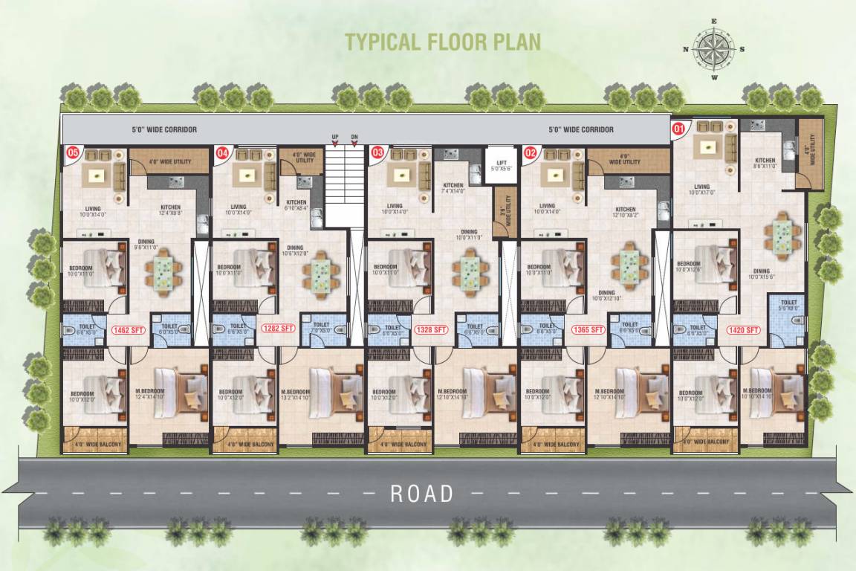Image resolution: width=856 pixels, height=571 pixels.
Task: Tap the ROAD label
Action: [422, 493]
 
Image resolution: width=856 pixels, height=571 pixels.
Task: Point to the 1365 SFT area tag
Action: [586, 329]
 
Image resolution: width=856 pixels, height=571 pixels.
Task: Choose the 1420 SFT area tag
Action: [743, 329]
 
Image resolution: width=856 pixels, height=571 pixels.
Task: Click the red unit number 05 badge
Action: [73, 153]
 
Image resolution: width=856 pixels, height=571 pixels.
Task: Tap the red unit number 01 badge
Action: [678, 128]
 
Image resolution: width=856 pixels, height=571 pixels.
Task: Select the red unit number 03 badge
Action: [377, 153]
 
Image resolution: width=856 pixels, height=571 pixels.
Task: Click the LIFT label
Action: [495, 160]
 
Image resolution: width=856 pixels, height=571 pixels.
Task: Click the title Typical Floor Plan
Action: [442, 41]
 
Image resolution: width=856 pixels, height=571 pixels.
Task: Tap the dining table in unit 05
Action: [167, 271]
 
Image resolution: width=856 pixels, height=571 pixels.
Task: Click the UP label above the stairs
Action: [335, 137]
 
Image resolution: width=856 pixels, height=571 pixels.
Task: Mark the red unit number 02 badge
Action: [530, 153]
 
